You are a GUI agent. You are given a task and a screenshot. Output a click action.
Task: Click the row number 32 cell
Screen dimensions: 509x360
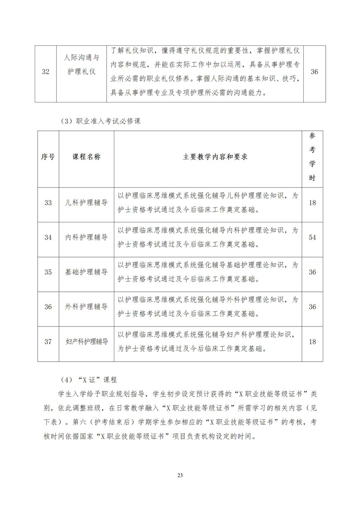point(46,72)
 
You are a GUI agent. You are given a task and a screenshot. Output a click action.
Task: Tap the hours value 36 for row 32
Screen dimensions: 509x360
point(314,72)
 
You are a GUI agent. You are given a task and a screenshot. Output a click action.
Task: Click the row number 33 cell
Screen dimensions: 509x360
point(48,202)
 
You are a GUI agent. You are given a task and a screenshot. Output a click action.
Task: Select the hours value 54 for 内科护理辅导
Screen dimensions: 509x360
point(312,237)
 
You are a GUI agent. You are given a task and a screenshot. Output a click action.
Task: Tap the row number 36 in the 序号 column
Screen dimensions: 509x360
point(48,307)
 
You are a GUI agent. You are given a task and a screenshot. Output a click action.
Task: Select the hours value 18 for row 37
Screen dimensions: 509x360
point(312,342)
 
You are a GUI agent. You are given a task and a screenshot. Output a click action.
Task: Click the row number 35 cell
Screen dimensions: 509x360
point(48,272)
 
